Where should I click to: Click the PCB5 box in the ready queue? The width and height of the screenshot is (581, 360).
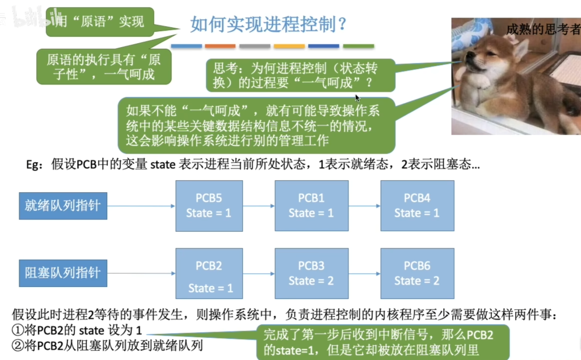[209, 206]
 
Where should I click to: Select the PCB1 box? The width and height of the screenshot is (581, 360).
[311, 206]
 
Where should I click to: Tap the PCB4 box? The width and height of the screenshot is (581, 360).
[417, 206]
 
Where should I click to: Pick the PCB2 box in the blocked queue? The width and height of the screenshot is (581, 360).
[209, 273]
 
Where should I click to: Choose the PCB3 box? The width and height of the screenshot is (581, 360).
[311, 273]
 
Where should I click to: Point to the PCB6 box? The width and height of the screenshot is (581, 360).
[417, 273]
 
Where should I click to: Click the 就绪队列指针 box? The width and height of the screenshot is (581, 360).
[63, 206]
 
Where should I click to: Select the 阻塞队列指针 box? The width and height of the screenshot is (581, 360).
[63, 273]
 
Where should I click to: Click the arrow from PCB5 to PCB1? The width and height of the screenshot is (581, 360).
[259, 206]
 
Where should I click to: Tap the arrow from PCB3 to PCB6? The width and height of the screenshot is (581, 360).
[364, 274]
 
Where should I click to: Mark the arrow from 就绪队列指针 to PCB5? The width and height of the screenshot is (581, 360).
[141, 206]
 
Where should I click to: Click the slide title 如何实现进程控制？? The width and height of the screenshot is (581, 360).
[268, 24]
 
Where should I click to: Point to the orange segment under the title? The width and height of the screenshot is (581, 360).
[220, 46]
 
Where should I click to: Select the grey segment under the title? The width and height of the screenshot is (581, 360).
[255, 46]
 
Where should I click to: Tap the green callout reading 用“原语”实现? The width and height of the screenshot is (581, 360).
[100, 22]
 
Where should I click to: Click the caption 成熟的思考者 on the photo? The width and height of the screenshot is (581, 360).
[543, 29]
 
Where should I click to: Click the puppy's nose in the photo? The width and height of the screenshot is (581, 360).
[468, 56]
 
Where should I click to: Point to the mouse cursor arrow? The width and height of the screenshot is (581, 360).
[357, 98]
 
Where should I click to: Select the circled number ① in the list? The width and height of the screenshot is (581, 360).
[18, 330]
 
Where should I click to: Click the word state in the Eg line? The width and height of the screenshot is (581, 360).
[163, 164]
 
